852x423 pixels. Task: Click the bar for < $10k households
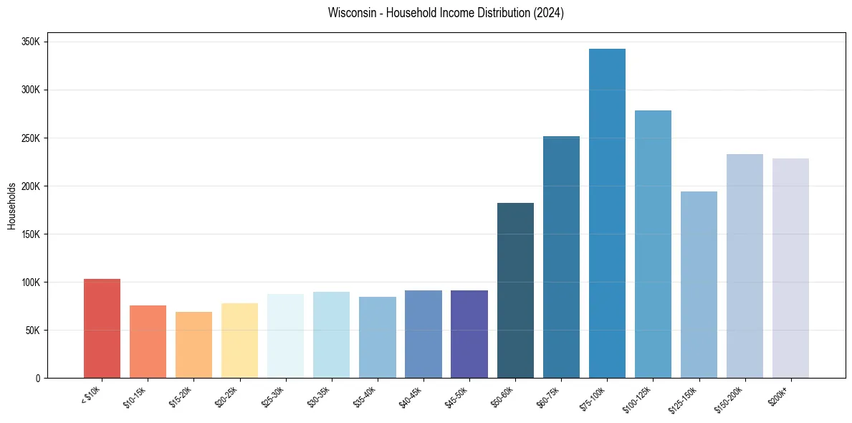pyautogui.click(x=102, y=328)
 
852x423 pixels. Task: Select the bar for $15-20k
pyautogui.click(x=193, y=345)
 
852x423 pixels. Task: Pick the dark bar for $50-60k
pyautogui.click(x=515, y=290)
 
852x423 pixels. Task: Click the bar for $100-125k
pyautogui.click(x=653, y=244)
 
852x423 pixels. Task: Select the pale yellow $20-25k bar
pyautogui.click(x=239, y=341)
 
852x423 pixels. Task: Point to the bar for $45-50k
pyautogui.click(x=469, y=334)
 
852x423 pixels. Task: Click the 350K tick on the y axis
pyautogui.click(x=32, y=42)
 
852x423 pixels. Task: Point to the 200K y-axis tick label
pyautogui.click(x=32, y=186)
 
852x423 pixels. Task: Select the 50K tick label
pyautogui.click(x=34, y=331)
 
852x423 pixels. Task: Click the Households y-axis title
pyautogui.click(x=11, y=206)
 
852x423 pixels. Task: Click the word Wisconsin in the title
pyautogui.click(x=348, y=13)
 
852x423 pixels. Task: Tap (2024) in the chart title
pyautogui.click(x=548, y=13)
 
